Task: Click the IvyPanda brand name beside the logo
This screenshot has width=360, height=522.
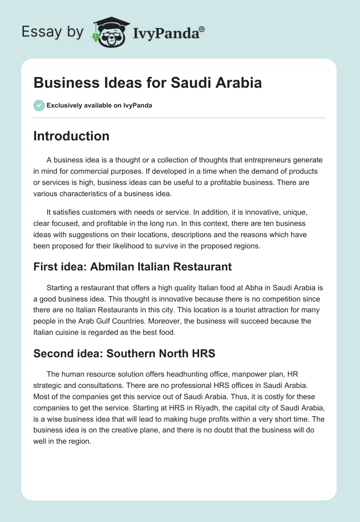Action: coord(165,33)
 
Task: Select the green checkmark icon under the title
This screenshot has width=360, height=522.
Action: coord(39,105)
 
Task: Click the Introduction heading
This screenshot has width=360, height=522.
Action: coord(71,136)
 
